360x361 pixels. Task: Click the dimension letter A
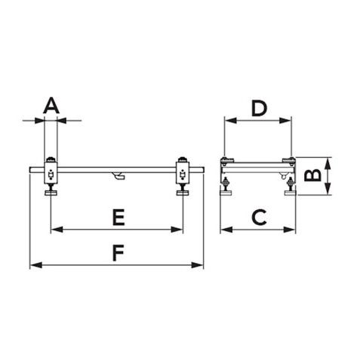(51, 106)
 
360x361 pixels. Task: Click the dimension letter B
(312, 175)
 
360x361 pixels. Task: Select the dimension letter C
(259, 218)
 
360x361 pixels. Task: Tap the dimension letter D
(259, 109)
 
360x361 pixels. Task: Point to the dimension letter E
(118, 218)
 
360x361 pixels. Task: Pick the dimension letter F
(118, 253)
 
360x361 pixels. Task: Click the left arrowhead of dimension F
(35, 265)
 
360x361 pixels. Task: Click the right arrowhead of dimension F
(197, 265)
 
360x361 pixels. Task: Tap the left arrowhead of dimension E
(57, 230)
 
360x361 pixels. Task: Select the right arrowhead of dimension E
(177, 230)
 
